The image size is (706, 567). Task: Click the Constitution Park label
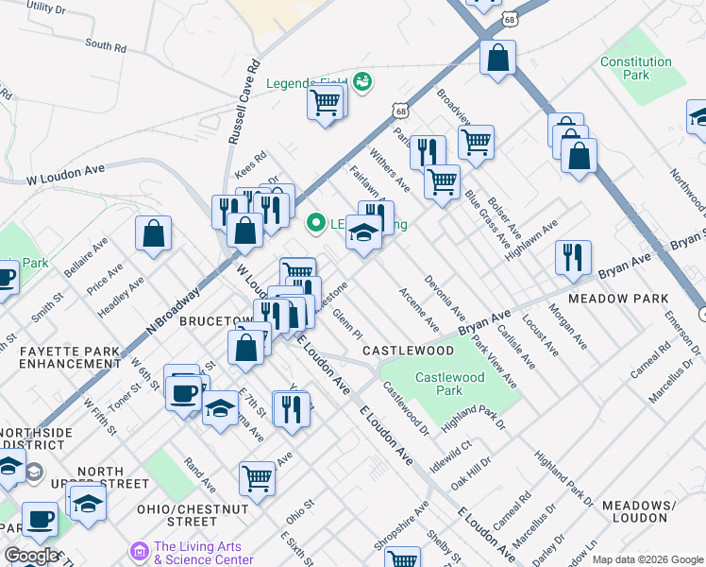[637, 68]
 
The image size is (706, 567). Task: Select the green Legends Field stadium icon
[362, 82]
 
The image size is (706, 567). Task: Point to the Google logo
[30, 556]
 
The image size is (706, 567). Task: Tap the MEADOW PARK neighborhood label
[618, 300]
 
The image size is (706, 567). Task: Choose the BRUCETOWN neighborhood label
[213, 321]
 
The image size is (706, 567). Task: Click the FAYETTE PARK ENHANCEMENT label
[70, 357]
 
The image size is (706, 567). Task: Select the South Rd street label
[105, 45]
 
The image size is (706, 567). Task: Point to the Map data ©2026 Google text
[647, 559]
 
